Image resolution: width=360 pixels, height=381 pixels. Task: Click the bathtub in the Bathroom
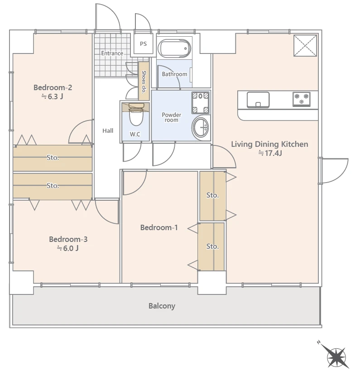tap(174, 48)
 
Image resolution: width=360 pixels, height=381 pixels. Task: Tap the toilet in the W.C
tap(136, 114)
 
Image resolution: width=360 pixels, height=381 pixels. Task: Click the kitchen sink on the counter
tap(258, 100)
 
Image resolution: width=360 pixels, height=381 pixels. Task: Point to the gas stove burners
tap(302, 99)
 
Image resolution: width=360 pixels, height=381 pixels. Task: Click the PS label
tap(143, 44)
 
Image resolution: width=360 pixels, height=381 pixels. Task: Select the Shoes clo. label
tap(144, 82)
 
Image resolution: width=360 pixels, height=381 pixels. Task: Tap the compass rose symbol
tap(336, 357)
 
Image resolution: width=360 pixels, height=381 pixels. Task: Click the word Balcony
tap(162, 306)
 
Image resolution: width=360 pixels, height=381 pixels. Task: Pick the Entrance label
tap(112, 53)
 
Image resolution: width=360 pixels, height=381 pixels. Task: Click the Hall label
tap(108, 131)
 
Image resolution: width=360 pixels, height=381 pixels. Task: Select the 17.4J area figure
tap(270, 153)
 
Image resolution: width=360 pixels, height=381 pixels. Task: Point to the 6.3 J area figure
tap(53, 96)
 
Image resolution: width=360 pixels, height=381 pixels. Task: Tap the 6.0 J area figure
tap(68, 248)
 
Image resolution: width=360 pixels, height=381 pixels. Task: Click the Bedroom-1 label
tap(159, 228)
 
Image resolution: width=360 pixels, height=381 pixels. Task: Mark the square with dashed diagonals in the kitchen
tap(305, 46)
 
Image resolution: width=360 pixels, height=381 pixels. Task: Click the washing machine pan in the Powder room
tap(201, 103)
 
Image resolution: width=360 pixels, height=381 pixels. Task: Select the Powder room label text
tap(172, 117)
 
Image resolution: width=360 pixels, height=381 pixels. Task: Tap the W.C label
tap(135, 134)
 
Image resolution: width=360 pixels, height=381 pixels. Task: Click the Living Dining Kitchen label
tap(269, 144)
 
